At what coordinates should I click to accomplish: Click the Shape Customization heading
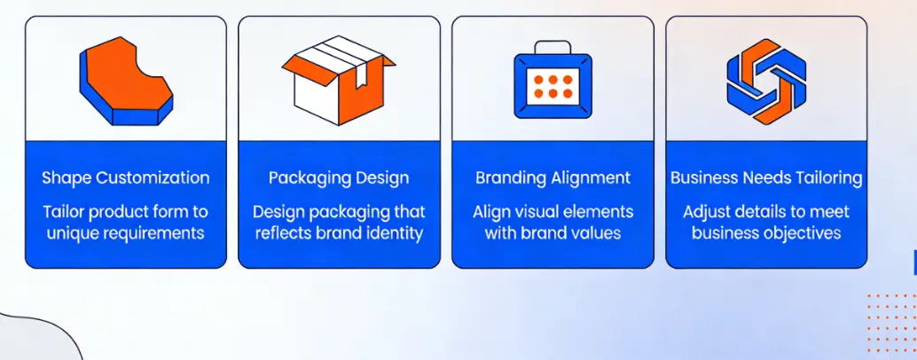(x=126, y=178)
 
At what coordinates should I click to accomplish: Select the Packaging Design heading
(x=339, y=178)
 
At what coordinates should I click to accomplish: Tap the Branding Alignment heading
(x=553, y=178)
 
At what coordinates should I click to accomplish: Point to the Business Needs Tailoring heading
(x=766, y=178)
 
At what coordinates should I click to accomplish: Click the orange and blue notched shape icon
(x=125, y=80)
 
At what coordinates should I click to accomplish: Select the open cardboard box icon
(x=339, y=80)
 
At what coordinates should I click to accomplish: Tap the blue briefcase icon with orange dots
(x=553, y=82)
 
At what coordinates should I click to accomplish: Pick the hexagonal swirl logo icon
(x=766, y=80)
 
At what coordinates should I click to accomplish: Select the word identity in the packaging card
(x=391, y=234)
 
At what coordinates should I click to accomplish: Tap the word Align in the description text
(x=493, y=213)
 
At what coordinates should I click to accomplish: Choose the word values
(x=596, y=234)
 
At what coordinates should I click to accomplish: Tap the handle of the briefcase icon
(x=553, y=46)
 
